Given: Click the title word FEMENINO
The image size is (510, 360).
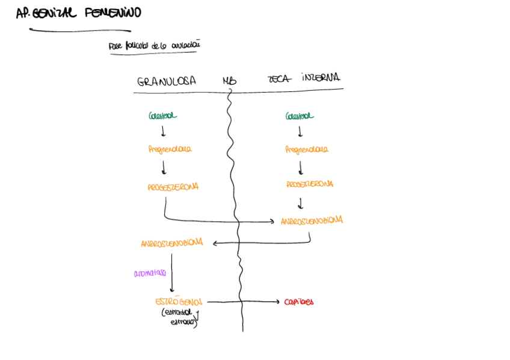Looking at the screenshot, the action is [x=114, y=13].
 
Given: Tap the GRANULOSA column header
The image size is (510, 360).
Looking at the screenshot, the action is [x=167, y=81].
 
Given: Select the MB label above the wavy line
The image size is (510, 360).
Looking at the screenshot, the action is [x=230, y=81].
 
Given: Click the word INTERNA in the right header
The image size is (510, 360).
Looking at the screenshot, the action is [x=321, y=78].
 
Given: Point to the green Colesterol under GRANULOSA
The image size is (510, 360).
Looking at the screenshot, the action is [x=163, y=115].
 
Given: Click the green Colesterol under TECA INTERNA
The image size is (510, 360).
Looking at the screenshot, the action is [x=300, y=115].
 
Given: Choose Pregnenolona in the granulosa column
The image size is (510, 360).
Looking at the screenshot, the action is [x=170, y=149].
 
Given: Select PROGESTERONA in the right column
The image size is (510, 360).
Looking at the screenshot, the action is [x=310, y=184].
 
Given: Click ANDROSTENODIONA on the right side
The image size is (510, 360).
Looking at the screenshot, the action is [x=312, y=221].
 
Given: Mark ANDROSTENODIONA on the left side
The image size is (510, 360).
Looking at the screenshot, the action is [x=172, y=243].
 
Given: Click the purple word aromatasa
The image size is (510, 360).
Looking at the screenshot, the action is [x=150, y=273].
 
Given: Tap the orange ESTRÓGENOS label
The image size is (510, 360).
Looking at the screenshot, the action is [x=179, y=301].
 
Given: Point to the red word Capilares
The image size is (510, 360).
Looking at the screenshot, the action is [x=299, y=302].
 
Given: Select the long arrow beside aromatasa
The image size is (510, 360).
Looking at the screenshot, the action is [x=172, y=273].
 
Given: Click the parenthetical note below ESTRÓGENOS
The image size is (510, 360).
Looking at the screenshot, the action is [x=180, y=317].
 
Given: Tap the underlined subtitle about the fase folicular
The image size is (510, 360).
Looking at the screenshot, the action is [x=154, y=46].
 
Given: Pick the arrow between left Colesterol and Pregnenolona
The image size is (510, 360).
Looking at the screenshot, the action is [x=163, y=132].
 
